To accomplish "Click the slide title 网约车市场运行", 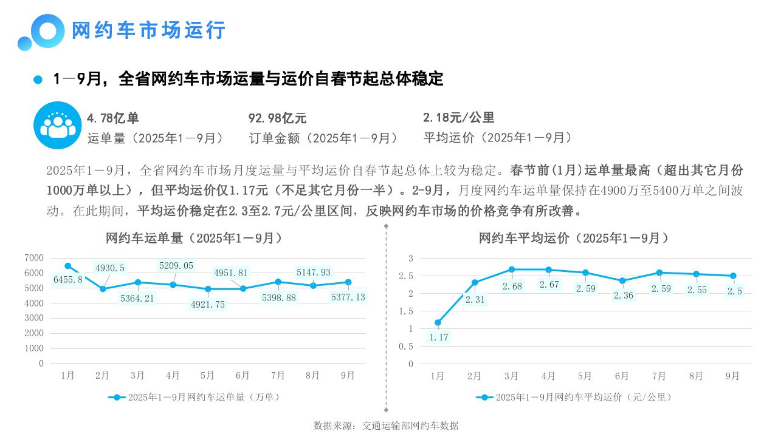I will [x=149, y=30].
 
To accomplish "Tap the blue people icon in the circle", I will [x=57, y=125].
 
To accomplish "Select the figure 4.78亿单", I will [x=113, y=118].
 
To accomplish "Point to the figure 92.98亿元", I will [x=277, y=118].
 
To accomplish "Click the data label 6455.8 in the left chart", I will [x=67, y=280].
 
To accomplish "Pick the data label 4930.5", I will [x=110, y=268].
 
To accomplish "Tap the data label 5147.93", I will [x=313, y=273].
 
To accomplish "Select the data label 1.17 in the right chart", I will [x=438, y=337].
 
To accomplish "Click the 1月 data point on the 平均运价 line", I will [x=438, y=323].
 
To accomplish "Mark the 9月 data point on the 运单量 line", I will [x=348, y=282].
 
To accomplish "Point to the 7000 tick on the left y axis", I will [x=34, y=258].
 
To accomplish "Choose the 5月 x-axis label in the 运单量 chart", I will [x=207, y=376].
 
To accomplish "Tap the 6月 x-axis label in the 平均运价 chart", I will [x=622, y=376].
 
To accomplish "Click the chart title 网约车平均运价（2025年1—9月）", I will [x=574, y=239].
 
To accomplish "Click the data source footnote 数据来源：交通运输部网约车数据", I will [x=386, y=425].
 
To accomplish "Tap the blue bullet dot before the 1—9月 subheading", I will [x=38, y=80].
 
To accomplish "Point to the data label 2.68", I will [x=512, y=286].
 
